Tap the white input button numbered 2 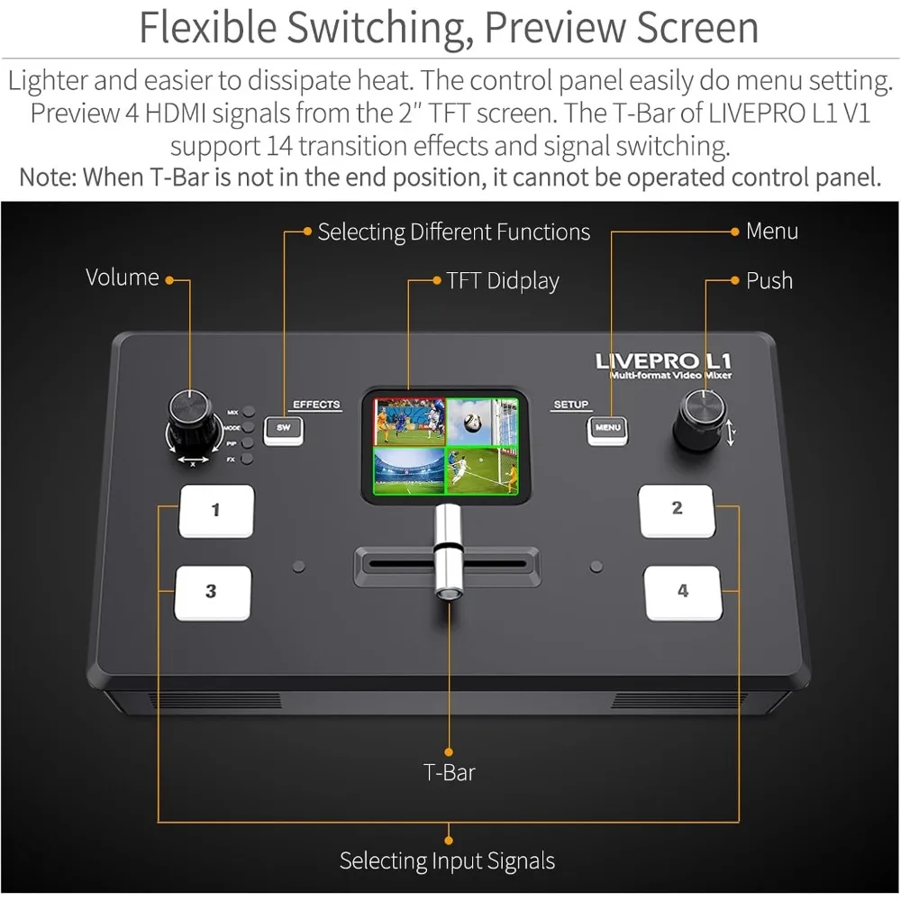tap(677, 510)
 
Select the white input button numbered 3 tap(212, 592)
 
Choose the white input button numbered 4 tap(683, 592)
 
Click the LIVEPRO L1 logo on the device tap(662, 361)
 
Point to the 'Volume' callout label tap(123, 278)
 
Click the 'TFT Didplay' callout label tap(503, 281)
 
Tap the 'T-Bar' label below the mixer tap(449, 772)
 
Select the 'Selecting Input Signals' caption tap(447, 860)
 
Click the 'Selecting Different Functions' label tap(453, 232)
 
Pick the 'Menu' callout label tap(771, 232)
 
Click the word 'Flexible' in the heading tap(209, 28)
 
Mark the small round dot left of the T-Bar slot tap(300, 567)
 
